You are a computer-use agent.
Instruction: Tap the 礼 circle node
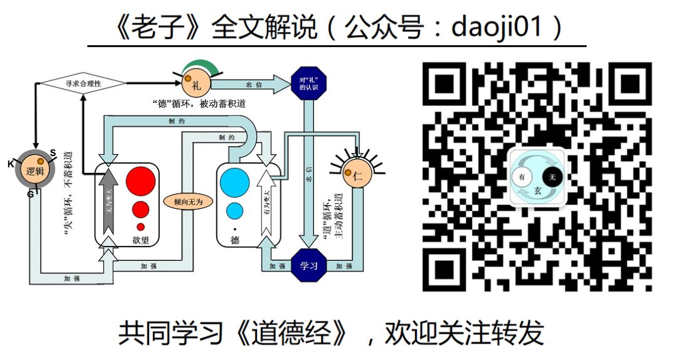click(195, 84)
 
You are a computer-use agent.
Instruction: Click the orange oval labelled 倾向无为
click(187, 202)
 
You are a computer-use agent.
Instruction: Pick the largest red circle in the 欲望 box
click(140, 181)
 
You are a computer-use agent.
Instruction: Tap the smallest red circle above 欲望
click(140, 226)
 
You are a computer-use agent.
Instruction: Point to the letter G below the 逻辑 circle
click(29, 194)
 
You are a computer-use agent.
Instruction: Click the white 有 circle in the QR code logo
click(523, 178)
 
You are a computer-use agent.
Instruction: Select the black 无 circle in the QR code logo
click(552, 178)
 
